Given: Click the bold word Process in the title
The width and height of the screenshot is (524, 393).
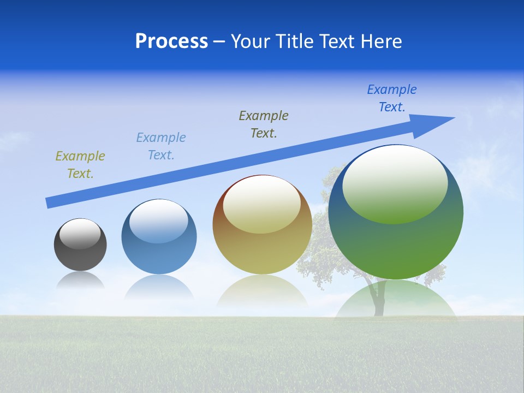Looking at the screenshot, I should click(x=171, y=41).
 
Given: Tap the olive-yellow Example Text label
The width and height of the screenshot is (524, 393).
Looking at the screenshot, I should click(x=80, y=164).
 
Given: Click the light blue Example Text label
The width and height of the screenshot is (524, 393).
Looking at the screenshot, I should click(x=161, y=146).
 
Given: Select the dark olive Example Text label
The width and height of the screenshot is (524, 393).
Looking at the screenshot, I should click(x=264, y=124).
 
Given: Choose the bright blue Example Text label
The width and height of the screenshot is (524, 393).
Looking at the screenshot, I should click(x=392, y=98).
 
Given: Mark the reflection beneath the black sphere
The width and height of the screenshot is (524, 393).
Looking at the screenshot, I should click(x=80, y=281).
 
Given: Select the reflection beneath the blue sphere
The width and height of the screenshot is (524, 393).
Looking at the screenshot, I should click(x=159, y=287).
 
